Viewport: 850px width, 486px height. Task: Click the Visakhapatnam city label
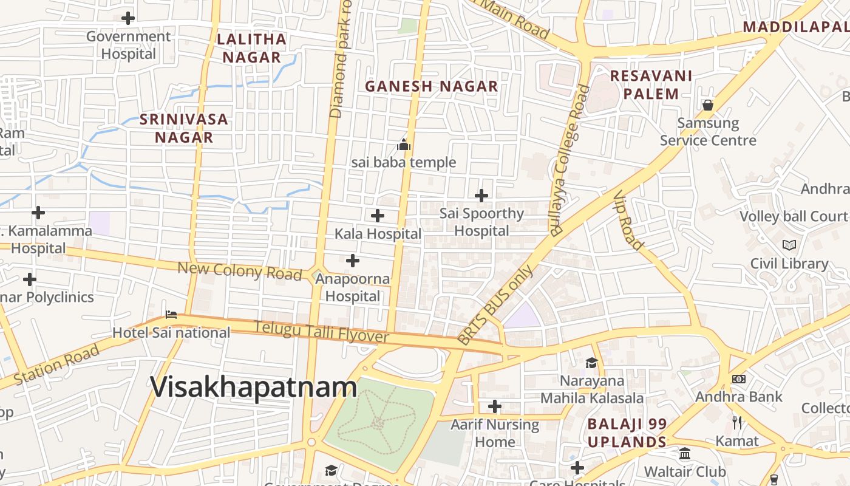tap(254, 388)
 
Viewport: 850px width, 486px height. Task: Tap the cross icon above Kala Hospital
tap(378, 215)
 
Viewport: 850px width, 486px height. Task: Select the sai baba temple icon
tap(404, 145)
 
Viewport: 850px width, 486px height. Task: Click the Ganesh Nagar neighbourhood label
tap(431, 86)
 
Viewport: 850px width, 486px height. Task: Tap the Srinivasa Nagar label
tap(184, 128)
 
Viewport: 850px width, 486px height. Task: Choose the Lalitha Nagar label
tap(251, 48)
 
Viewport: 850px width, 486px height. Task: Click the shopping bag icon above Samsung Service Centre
tap(708, 105)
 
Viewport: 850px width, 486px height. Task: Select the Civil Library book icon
tap(789, 245)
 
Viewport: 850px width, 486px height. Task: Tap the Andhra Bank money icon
tap(739, 379)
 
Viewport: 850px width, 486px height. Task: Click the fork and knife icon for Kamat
tap(737, 422)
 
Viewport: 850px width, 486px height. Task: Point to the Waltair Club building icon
tap(685, 454)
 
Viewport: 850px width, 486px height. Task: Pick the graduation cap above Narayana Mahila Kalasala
tap(591, 363)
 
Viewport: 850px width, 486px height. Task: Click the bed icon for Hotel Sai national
tap(171, 315)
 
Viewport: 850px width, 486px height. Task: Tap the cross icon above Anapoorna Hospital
tap(353, 261)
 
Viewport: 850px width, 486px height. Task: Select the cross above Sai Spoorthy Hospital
tap(481, 196)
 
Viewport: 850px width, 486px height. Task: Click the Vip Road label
tap(628, 220)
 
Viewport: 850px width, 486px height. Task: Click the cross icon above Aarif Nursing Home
tap(495, 406)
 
